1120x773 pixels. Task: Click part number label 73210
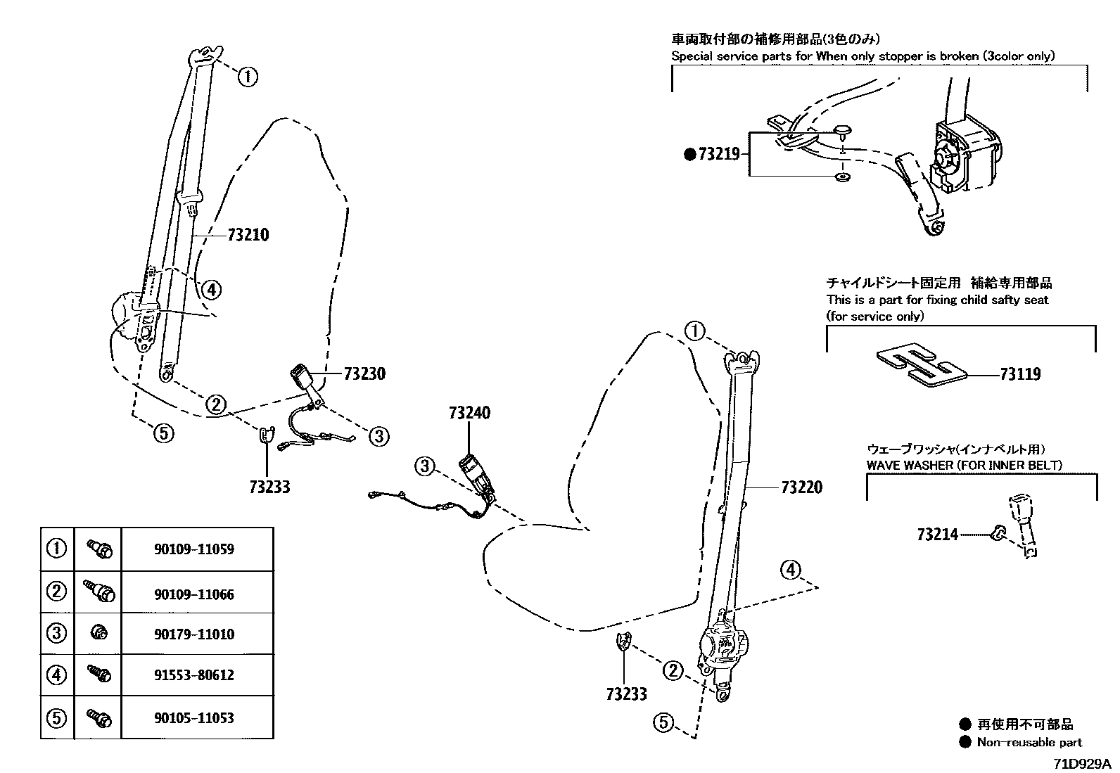coord(248,235)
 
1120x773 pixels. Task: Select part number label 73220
coord(801,487)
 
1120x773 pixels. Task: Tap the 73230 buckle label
coord(364,374)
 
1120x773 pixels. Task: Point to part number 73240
coord(469,413)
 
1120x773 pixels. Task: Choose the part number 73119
coord(1020,374)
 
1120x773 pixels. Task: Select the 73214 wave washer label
coord(937,535)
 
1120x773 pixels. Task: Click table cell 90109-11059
coord(194,549)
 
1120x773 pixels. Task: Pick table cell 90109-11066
coord(194,594)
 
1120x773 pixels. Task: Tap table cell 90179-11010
coord(194,634)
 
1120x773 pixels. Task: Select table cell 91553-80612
coord(194,675)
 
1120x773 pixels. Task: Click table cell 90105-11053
coord(194,718)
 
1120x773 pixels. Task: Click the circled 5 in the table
coord(56,718)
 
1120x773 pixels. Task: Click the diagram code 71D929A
coord(1081,764)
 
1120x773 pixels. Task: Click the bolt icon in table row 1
coord(98,549)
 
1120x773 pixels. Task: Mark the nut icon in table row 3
coord(98,634)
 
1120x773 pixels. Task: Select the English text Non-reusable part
coord(1029,742)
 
